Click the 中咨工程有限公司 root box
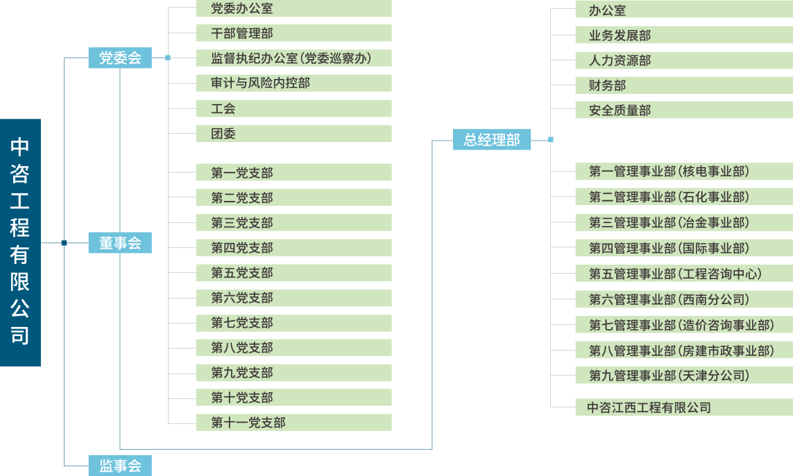[20, 243]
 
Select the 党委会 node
[120, 58]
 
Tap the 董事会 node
[120, 243]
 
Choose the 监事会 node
[120, 466]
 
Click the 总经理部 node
[492, 139]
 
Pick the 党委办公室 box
[293, 9]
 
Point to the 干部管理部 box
[293, 33]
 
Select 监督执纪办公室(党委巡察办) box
[293, 58]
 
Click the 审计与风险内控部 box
[293, 83]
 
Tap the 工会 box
[293, 109]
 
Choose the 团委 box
[293, 134]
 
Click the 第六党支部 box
[293, 298]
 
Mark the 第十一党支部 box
[293, 423]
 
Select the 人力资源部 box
[683, 60]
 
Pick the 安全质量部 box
[683, 110]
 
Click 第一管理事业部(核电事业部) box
[683, 171]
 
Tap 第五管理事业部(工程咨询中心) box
[683, 274]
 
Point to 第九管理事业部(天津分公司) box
[683, 376]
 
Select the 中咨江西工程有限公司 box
[683, 407]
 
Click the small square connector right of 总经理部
[550, 139]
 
